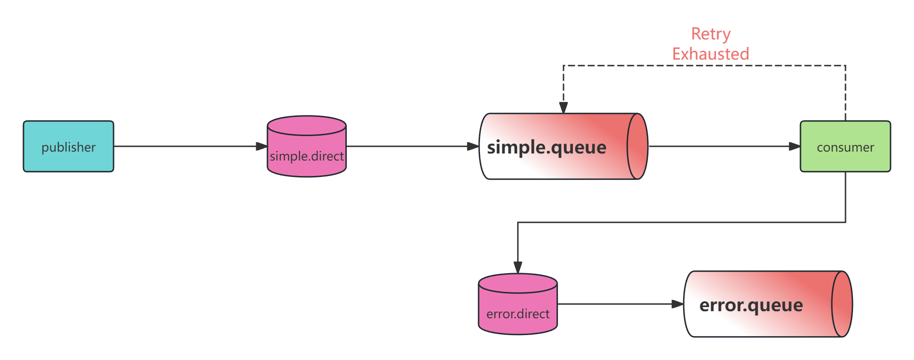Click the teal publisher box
click(69, 146)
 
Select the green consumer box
click(845, 146)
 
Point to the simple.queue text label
click(547, 147)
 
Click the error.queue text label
click(751, 305)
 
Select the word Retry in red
click(711, 34)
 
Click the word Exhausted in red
click(710, 54)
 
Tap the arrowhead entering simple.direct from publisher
click(261, 146)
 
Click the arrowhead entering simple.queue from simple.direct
click(472, 146)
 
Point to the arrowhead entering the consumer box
click(794, 146)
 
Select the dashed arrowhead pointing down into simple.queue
click(564, 107)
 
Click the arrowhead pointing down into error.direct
click(518, 267)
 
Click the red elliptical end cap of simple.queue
click(637, 146)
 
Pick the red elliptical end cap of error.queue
click(842, 304)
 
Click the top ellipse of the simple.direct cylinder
click(306, 126)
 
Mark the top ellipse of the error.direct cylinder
click(518, 283)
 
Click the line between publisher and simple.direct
click(188, 146)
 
